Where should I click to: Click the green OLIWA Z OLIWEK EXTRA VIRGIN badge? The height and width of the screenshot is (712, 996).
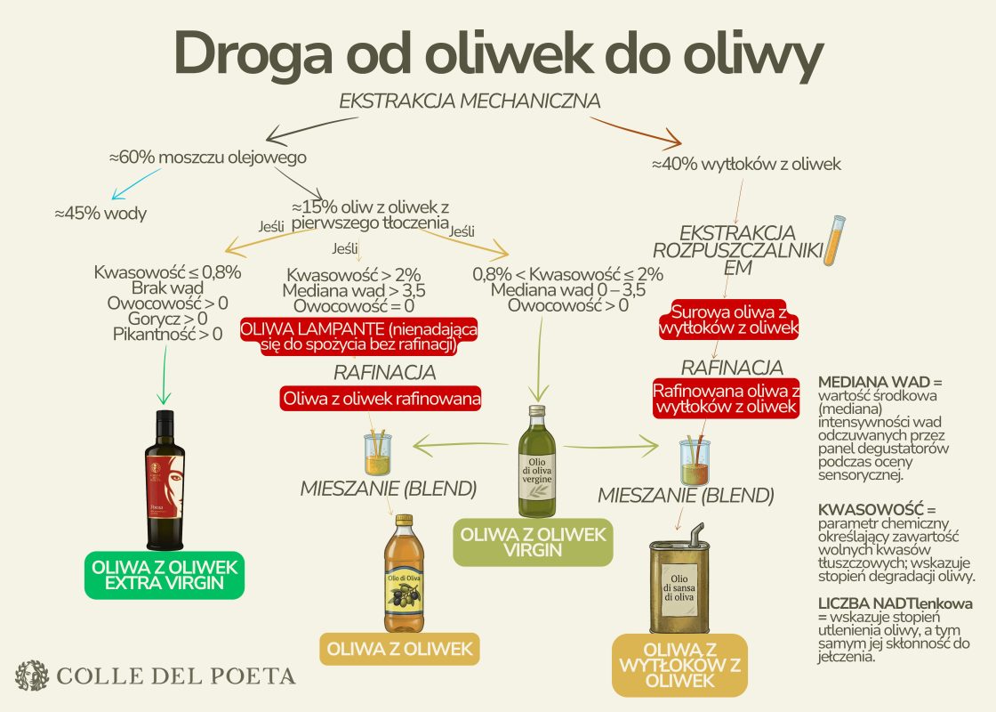[x=165, y=575]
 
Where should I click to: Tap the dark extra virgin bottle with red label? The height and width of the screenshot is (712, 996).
[x=165, y=480]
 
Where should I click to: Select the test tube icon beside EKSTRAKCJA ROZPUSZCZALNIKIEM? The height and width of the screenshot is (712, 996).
[x=835, y=240]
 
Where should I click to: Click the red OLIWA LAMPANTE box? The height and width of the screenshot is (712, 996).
[x=359, y=337]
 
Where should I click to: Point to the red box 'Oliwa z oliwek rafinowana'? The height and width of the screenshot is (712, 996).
[x=382, y=400]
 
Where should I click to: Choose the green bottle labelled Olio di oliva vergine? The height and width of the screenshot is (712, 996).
[x=537, y=462]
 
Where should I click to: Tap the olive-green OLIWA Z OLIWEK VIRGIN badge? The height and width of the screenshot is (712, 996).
[x=533, y=542]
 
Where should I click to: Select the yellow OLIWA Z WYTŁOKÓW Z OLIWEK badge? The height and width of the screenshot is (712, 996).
[x=679, y=665]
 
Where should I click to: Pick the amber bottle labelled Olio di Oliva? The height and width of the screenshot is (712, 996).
[x=404, y=573]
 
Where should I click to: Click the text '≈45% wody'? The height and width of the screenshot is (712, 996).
[x=100, y=213]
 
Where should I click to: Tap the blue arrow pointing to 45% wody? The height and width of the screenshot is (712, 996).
[x=136, y=183]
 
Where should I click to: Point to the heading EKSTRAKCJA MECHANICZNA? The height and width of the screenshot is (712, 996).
[x=470, y=101]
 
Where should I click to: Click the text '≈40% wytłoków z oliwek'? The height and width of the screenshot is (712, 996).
[x=746, y=164]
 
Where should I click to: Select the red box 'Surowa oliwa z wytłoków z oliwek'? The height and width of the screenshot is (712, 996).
[x=728, y=320]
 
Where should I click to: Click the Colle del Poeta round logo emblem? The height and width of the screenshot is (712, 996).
[x=32, y=676]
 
